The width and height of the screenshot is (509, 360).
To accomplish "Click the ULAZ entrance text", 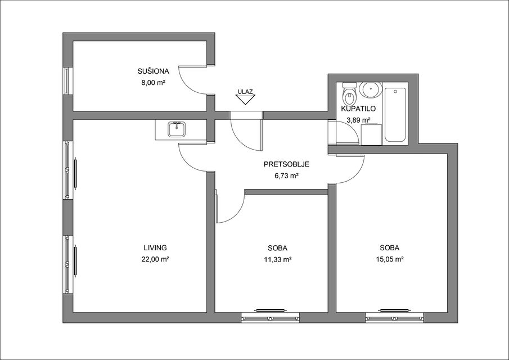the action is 245,91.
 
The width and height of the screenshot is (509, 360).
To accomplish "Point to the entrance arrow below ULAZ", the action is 245,100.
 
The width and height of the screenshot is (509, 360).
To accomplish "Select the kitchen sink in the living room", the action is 177,129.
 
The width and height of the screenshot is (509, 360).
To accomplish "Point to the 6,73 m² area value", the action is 286,176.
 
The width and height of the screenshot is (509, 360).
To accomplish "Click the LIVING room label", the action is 155,247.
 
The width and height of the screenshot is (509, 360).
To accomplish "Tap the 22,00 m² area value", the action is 155,259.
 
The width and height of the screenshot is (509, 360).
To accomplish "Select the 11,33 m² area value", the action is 277,259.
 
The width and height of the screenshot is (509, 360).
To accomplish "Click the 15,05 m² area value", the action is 390,259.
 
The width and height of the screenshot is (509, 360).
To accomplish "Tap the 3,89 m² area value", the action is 359,120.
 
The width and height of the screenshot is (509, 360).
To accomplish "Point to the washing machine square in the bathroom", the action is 371,134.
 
